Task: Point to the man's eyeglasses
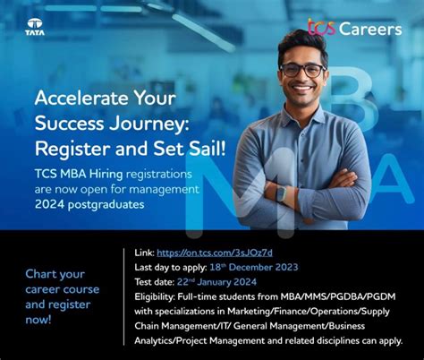301,69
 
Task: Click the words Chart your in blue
55,273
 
